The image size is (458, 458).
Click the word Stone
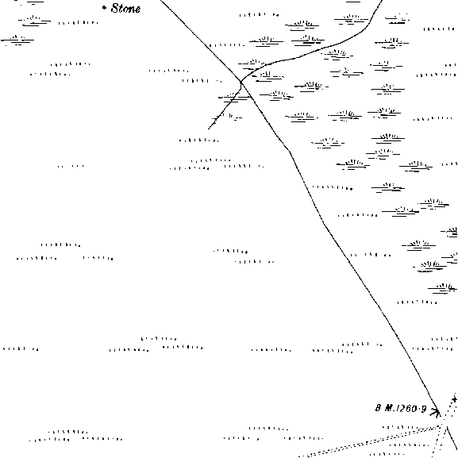pos(125,9)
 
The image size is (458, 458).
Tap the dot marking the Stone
pos(104,8)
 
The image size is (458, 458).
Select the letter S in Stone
pos(115,8)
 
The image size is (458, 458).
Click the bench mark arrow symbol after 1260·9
pos(435,412)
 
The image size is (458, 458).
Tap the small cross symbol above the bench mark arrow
pos(454,399)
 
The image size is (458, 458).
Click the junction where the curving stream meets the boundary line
pos(241,82)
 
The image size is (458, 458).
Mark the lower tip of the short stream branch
pos(209,129)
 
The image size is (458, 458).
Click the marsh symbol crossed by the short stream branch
pos(234,98)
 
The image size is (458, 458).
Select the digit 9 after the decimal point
pos(424,409)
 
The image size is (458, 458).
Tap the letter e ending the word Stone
pos(137,10)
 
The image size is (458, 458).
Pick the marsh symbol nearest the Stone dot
pos(34,21)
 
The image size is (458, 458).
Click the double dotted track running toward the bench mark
pos(370,442)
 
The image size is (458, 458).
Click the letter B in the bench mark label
pos(379,408)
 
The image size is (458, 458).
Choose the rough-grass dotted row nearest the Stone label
pos(79,22)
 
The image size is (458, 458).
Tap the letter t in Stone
pos(121,9)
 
